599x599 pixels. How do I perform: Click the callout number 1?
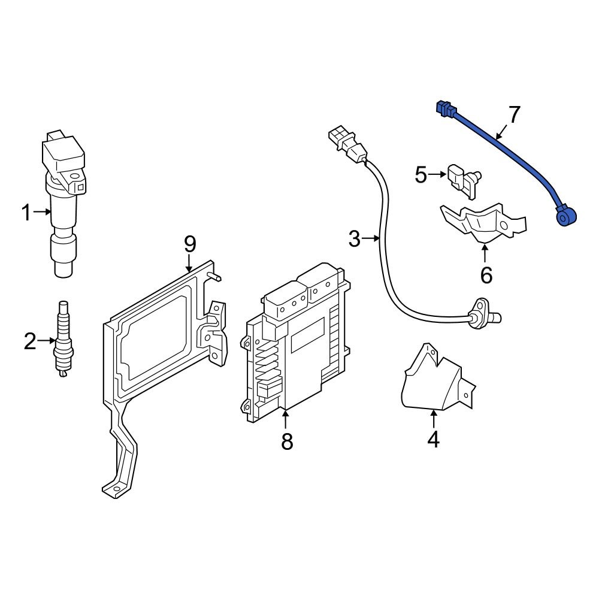(26, 212)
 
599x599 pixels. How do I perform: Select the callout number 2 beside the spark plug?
(30, 342)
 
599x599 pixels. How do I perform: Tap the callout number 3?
(355, 240)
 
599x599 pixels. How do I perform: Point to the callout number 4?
(433, 440)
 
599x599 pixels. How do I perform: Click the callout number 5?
(421, 175)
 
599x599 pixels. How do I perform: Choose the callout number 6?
(486, 276)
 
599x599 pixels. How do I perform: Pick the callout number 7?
(514, 114)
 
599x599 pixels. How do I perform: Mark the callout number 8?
(287, 442)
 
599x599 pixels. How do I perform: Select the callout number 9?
(189, 244)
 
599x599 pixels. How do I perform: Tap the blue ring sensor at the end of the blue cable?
(564, 214)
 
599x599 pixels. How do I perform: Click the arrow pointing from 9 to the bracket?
(189, 262)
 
